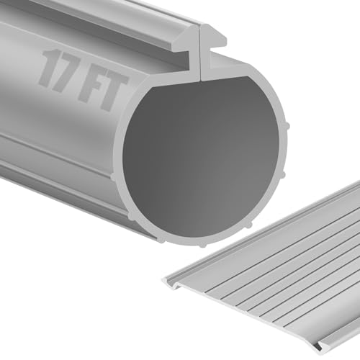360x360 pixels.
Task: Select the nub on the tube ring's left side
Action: tap(116, 175)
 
